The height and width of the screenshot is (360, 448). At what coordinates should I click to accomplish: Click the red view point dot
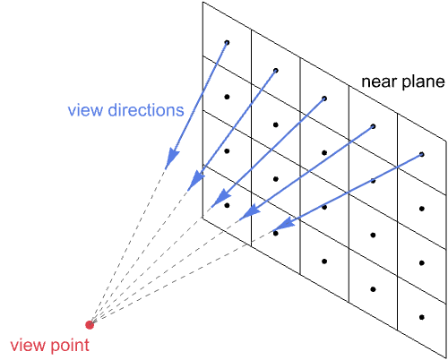coord(89,324)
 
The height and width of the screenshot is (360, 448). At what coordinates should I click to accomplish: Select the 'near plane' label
coord(403,82)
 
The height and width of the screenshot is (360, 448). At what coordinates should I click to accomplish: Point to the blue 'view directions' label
coord(125,110)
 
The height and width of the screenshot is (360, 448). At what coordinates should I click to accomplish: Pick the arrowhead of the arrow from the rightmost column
coord(281,225)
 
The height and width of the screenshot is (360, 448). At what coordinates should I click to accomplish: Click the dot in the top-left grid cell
coord(227,42)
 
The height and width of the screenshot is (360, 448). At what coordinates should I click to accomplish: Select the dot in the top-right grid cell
coord(421,154)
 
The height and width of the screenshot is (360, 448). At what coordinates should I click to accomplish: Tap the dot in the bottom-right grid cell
coord(421,317)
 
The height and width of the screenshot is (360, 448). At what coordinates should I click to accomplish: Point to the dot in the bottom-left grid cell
coord(227,205)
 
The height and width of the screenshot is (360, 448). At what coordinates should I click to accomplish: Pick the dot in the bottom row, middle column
coord(324,261)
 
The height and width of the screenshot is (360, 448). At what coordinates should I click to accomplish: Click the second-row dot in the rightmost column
coord(421,208)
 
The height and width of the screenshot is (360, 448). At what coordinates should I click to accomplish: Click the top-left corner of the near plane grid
coord(202,2)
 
